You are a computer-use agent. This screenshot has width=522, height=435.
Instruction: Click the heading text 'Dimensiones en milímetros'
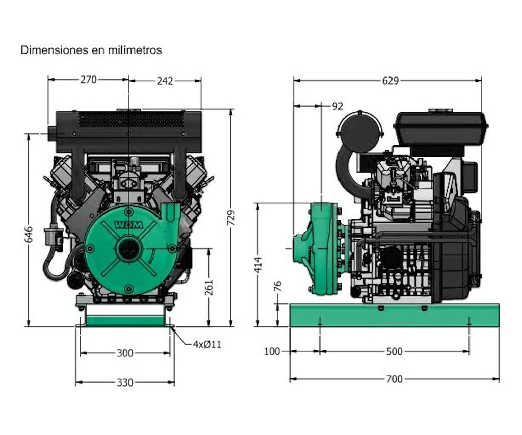coord(91,50)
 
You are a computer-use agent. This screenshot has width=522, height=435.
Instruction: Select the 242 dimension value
coord(165,81)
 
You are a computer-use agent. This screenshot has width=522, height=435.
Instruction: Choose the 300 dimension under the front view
coord(125,353)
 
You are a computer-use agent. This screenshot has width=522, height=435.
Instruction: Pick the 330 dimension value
coord(125,382)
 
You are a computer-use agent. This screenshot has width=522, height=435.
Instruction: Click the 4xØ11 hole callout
coord(207,344)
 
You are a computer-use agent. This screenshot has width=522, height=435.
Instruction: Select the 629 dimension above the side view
coord(390,81)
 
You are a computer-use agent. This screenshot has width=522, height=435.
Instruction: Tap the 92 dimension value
coord(337,106)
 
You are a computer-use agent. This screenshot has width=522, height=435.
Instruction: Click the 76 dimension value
coord(277,286)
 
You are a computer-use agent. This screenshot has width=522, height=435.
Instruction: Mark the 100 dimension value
coord(272,351)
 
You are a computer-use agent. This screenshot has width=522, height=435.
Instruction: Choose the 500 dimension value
coord(394,351)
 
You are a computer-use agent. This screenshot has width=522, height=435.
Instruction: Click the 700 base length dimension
coord(394,379)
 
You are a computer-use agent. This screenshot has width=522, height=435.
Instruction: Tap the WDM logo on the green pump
coord(128,224)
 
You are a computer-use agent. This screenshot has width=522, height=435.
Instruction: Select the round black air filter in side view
coord(360,132)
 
